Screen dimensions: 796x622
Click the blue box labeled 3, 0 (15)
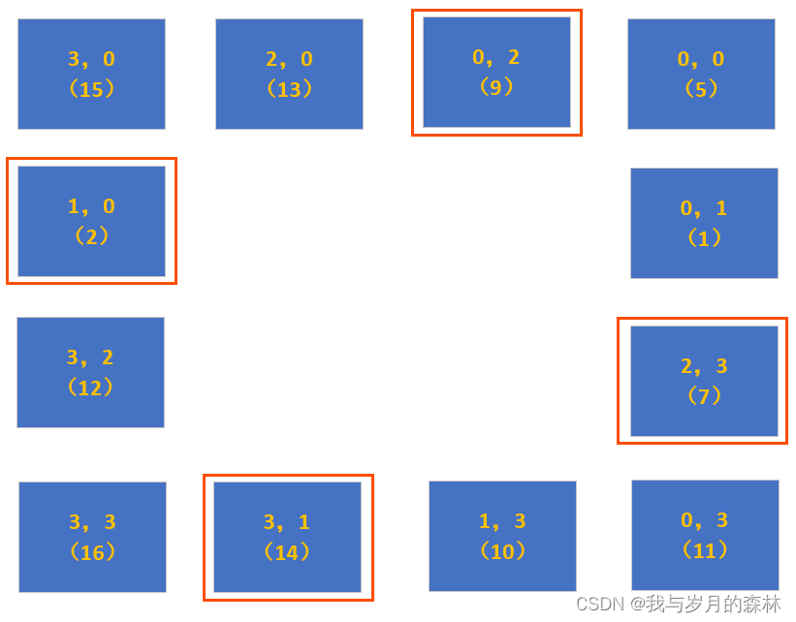91,74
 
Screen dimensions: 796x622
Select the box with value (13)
289,74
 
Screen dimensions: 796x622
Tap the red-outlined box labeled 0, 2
496,72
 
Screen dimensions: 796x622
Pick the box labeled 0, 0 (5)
701,74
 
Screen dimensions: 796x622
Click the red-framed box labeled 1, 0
91,221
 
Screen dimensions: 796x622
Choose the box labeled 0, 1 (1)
704,223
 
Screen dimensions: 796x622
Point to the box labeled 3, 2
90,372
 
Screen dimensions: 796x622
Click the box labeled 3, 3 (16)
92,537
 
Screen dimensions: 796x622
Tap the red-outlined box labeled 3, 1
287,537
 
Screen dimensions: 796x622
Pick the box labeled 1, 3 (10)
502,536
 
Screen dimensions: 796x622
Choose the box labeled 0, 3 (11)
705,535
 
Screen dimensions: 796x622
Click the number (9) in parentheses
496,87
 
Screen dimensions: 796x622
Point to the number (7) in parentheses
704,395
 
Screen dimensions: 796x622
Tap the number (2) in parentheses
91,236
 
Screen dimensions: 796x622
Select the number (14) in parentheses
287,552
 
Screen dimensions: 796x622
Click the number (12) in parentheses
90,388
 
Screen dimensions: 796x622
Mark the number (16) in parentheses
92,552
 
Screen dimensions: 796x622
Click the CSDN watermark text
679,604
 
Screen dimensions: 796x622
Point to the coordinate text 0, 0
701,59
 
